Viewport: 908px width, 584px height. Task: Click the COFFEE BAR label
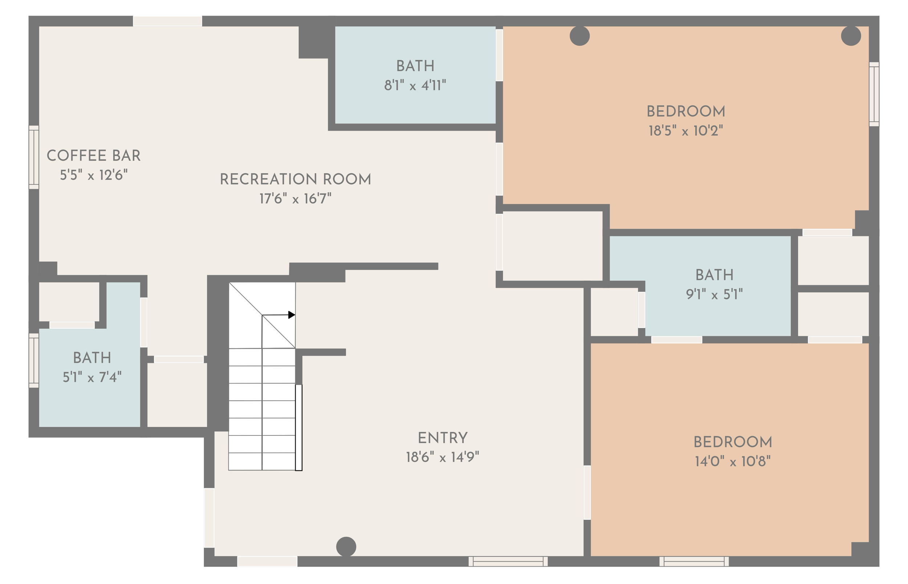93,156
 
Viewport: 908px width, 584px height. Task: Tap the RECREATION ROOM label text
295,179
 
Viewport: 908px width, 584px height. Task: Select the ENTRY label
442,438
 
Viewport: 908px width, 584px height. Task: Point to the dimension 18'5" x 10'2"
685,131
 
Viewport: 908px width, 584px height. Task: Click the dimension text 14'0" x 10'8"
733,462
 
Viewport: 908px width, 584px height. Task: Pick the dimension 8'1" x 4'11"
415,86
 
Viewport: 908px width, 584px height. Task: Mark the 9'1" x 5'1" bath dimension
714,294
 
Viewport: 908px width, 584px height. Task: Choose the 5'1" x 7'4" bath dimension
92,377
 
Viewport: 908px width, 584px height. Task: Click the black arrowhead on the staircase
292,315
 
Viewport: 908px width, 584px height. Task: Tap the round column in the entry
346,547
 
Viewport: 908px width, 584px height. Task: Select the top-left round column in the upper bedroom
580,36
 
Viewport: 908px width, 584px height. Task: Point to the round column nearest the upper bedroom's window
851,36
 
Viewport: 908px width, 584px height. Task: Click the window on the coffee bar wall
34,157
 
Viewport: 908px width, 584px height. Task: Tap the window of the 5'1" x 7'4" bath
34,360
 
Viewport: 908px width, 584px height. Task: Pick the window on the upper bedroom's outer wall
874,94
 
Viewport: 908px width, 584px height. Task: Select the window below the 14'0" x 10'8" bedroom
694,561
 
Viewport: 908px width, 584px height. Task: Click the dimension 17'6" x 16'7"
295,199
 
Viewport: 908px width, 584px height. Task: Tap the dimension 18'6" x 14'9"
442,457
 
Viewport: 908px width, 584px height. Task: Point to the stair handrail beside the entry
299,427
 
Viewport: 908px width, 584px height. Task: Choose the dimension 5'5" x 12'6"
94,175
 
